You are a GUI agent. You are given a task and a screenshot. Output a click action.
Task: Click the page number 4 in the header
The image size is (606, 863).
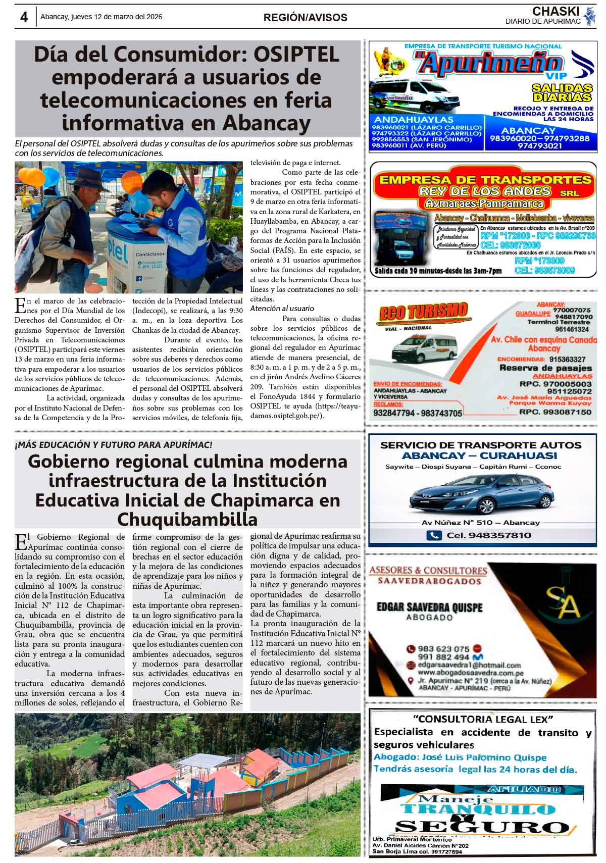[24, 17]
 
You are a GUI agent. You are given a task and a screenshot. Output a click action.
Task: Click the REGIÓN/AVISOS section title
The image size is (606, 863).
[305, 18]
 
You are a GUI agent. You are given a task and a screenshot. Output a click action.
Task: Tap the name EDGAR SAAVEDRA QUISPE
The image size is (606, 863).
[429, 607]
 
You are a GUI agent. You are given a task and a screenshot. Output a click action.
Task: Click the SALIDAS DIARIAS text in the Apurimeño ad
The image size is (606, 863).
[562, 93]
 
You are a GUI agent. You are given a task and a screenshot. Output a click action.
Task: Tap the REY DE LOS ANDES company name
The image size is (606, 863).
[484, 191]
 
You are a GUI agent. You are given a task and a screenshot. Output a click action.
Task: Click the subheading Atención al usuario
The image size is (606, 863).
[282, 308]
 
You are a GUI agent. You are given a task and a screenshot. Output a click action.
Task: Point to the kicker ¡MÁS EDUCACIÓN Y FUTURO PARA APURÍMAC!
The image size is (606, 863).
[114, 445]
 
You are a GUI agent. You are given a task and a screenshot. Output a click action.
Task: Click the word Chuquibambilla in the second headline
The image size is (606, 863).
[187, 519]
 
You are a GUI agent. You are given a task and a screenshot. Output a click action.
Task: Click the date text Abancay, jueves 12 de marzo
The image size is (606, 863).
[101, 17]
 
